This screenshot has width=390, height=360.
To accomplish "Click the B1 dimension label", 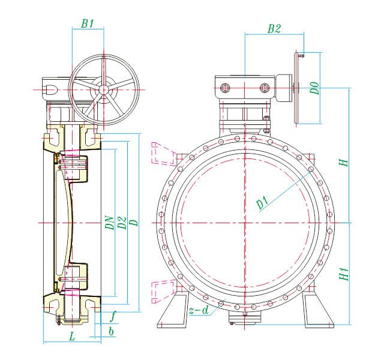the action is [x=88, y=23].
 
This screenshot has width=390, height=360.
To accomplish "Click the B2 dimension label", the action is [x=274, y=29].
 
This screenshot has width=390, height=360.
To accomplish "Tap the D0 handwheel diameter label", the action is [x=315, y=88].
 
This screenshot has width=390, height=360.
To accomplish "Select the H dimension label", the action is [x=343, y=163].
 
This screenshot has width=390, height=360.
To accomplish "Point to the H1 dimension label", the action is [x=344, y=274].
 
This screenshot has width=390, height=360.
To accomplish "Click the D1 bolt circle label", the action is [x=262, y=202].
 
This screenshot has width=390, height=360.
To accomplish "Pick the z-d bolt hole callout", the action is [x=199, y=310].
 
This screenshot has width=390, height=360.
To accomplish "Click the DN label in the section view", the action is [x=109, y=223].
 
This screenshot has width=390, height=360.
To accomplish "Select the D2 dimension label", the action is [x=122, y=223].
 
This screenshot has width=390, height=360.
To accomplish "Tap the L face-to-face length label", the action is [x=72, y=337].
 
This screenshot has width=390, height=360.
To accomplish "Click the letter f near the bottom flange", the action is [x=113, y=316].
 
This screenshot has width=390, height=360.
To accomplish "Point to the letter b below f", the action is [x=112, y=331].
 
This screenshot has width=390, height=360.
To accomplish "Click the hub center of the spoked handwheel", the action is [x=103, y=89].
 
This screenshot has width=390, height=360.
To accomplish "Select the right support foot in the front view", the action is [x=318, y=310].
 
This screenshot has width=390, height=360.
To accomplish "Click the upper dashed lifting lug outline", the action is [x=164, y=153].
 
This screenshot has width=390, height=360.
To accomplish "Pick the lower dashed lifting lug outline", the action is [x=164, y=291].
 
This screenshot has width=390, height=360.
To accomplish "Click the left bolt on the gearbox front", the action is [x=225, y=88].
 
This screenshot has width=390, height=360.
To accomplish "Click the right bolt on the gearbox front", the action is [x=265, y=88].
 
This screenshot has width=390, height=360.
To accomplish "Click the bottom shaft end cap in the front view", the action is [x=245, y=317].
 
